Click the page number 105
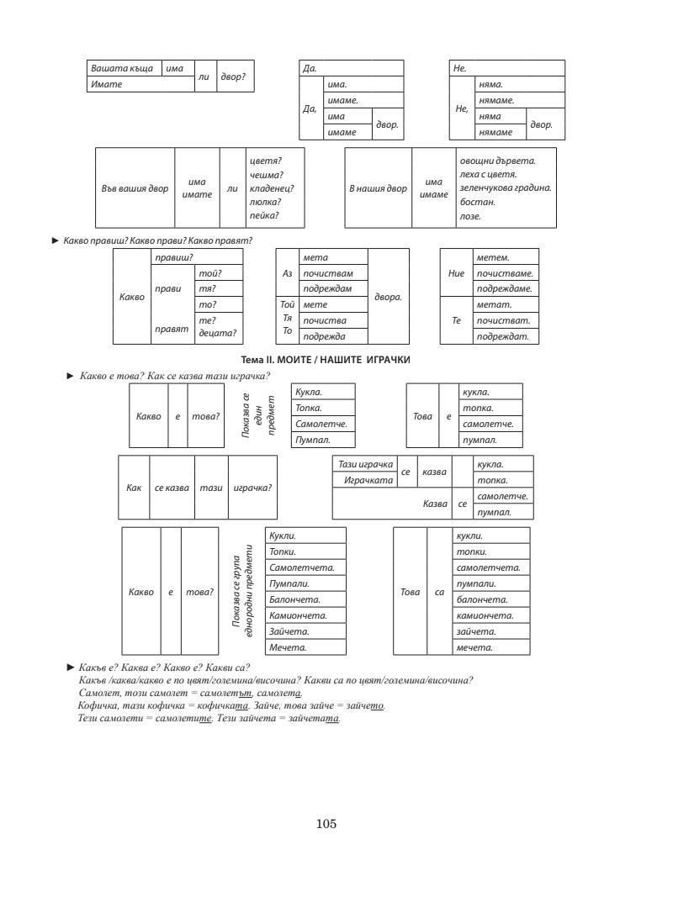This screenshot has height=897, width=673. coord(326,823)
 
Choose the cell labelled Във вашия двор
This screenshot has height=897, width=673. coord(135,187)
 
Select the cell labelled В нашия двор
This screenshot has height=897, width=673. coord(378,187)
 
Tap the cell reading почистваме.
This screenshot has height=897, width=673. coord(506,272)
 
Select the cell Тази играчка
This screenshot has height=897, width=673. coord(366,464)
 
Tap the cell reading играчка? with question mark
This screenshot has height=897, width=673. coord(252,488)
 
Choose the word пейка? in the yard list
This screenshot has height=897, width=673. coord(264,216)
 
